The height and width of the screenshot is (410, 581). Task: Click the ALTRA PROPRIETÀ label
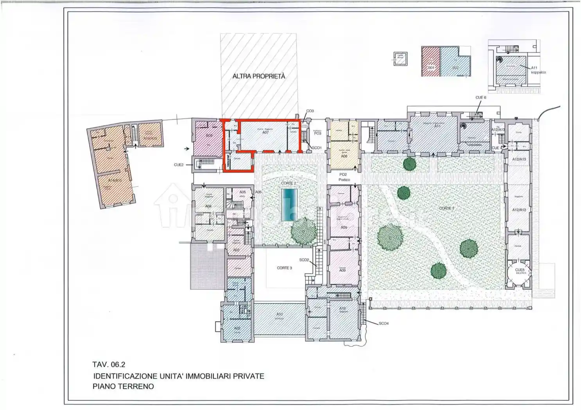(x=259, y=77)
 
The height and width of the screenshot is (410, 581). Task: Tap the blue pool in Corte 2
(x=289, y=205)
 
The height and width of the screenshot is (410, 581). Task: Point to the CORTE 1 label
(x=446, y=208)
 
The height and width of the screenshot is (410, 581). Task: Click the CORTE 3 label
(x=284, y=268)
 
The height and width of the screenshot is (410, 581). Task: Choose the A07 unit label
(x=265, y=132)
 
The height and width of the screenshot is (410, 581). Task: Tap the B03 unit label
(x=209, y=135)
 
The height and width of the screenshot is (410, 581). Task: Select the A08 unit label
(x=344, y=156)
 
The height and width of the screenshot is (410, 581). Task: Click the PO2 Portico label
(x=344, y=177)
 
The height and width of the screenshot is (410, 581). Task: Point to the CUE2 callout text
(x=179, y=165)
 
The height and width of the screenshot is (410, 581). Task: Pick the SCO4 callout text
(x=384, y=323)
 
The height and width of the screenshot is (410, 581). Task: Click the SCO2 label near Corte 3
(x=304, y=260)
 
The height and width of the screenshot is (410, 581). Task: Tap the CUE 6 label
(x=481, y=97)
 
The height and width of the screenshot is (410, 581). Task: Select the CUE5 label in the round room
(x=520, y=270)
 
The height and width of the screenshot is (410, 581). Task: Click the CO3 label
(x=310, y=111)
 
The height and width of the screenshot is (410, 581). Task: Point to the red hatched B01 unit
(x=430, y=61)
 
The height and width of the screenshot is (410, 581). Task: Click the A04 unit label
(x=208, y=206)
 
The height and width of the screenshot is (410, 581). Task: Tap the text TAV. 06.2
(x=109, y=364)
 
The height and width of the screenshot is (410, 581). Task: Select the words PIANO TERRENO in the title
(x=123, y=386)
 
